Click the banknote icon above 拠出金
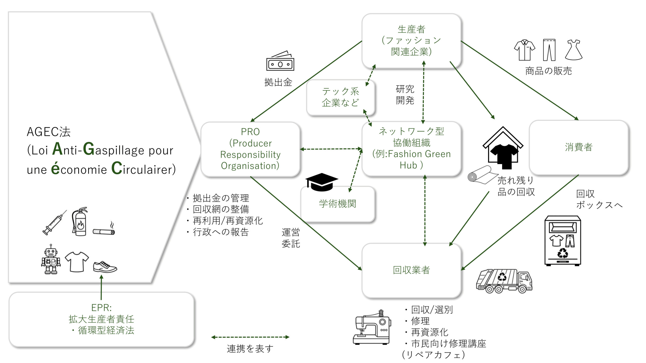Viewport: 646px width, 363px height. click(x=280, y=62)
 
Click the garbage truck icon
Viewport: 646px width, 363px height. click(x=504, y=281)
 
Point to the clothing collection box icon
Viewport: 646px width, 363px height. click(x=562, y=241)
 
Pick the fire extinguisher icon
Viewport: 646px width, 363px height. click(x=80, y=222)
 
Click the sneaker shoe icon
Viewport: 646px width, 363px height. click(x=105, y=267)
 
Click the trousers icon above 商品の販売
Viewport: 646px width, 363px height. click(x=549, y=50)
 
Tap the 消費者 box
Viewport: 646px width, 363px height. click(x=578, y=147)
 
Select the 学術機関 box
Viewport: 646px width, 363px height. click(x=337, y=204)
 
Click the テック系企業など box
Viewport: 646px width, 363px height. click(x=340, y=97)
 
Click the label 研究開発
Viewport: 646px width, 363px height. click(x=405, y=95)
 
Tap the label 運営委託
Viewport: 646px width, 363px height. click(x=291, y=238)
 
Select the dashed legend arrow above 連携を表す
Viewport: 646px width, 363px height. click(x=250, y=337)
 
